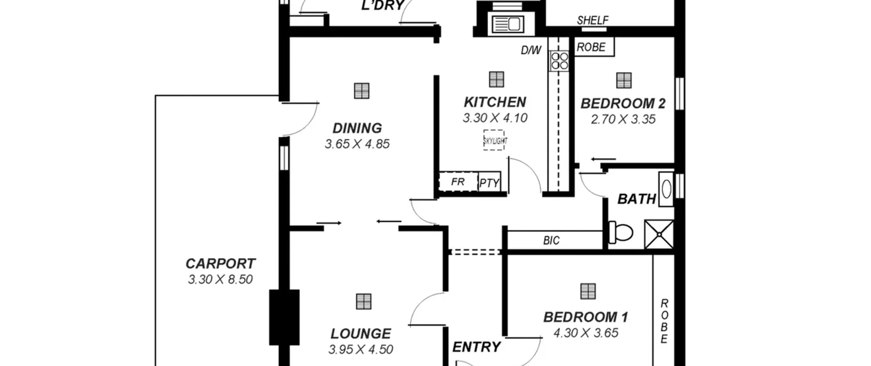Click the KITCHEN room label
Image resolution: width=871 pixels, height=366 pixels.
point(495,102)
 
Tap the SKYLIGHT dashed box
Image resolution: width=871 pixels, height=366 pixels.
point(494,140)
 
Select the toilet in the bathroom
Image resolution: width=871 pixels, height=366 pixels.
point(621,233)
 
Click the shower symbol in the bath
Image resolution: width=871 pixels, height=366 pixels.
point(659,234)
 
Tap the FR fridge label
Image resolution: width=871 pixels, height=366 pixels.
point(458,182)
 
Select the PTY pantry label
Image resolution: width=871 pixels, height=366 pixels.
point(489,184)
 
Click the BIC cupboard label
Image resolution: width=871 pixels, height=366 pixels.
point(551,241)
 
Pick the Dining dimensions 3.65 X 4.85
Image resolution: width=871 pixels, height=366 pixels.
point(357,144)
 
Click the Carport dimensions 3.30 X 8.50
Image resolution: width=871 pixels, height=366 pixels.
point(220,280)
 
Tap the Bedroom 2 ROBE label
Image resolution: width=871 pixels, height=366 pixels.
point(591,47)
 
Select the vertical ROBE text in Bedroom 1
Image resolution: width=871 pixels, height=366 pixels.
point(664,321)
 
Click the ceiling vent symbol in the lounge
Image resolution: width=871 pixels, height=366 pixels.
point(364,302)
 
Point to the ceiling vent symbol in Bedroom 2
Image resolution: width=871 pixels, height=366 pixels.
point(624,80)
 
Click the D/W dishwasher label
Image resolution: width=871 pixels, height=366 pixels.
point(531,50)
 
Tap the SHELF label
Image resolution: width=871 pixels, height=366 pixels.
point(593,20)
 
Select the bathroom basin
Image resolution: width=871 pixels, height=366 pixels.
point(666,189)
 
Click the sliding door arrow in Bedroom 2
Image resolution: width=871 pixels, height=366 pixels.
point(604,159)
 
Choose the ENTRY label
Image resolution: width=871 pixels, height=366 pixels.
point(476,347)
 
